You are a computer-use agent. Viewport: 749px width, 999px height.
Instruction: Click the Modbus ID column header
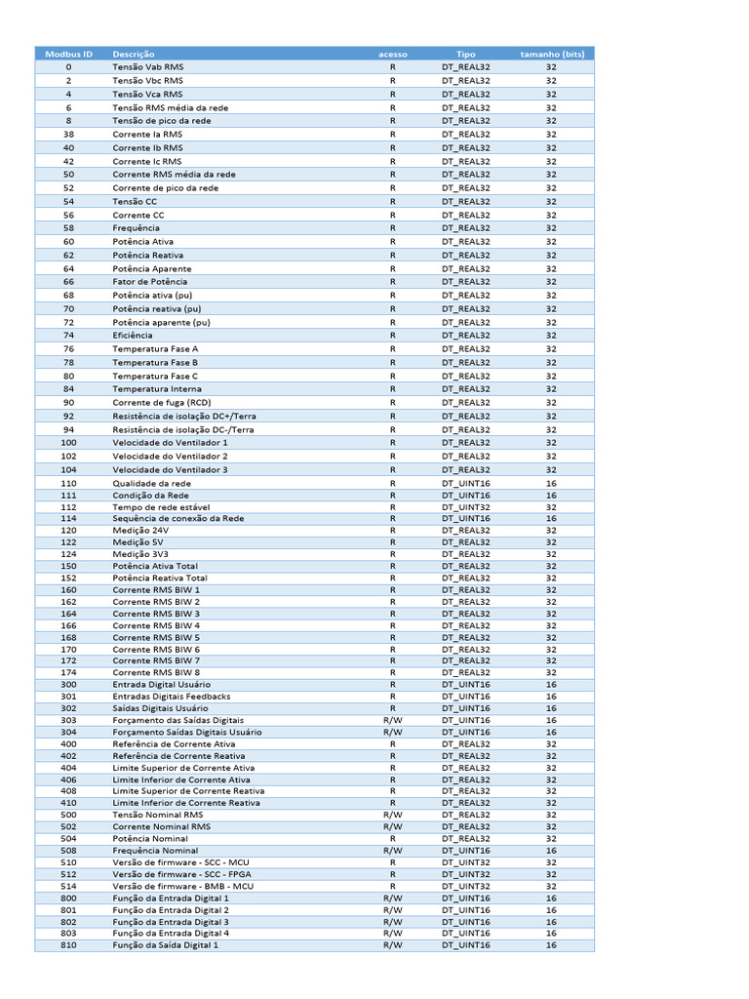tap(68, 54)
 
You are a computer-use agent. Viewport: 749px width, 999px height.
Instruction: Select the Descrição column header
tap(133, 54)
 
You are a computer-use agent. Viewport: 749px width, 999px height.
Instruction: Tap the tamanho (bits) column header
tap(551, 54)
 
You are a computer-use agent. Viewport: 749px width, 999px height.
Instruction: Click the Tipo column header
tap(466, 54)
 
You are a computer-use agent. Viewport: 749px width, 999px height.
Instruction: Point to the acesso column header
tap(393, 54)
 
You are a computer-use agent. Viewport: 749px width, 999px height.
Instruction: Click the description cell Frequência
tap(136, 228)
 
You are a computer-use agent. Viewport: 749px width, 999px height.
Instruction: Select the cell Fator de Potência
tap(149, 282)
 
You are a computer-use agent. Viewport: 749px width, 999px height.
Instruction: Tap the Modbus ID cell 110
tap(68, 483)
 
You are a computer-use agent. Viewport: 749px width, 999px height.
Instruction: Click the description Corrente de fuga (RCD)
tap(161, 402)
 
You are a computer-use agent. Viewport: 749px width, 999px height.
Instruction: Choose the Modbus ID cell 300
tap(68, 685)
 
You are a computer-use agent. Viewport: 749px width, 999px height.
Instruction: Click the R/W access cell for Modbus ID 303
tap(393, 720)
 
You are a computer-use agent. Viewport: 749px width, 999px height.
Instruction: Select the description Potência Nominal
tap(150, 838)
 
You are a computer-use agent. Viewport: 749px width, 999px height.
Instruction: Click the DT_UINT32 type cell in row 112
tap(466, 507)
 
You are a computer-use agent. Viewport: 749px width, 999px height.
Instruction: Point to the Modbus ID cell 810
tap(68, 944)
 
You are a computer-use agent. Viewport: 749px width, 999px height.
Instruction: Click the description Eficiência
tap(134, 336)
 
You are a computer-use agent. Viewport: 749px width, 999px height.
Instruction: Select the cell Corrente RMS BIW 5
tap(156, 637)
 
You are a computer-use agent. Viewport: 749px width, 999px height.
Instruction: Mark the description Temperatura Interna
tap(157, 389)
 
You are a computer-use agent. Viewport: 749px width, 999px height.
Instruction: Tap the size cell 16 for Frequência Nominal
tap(551, 851)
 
